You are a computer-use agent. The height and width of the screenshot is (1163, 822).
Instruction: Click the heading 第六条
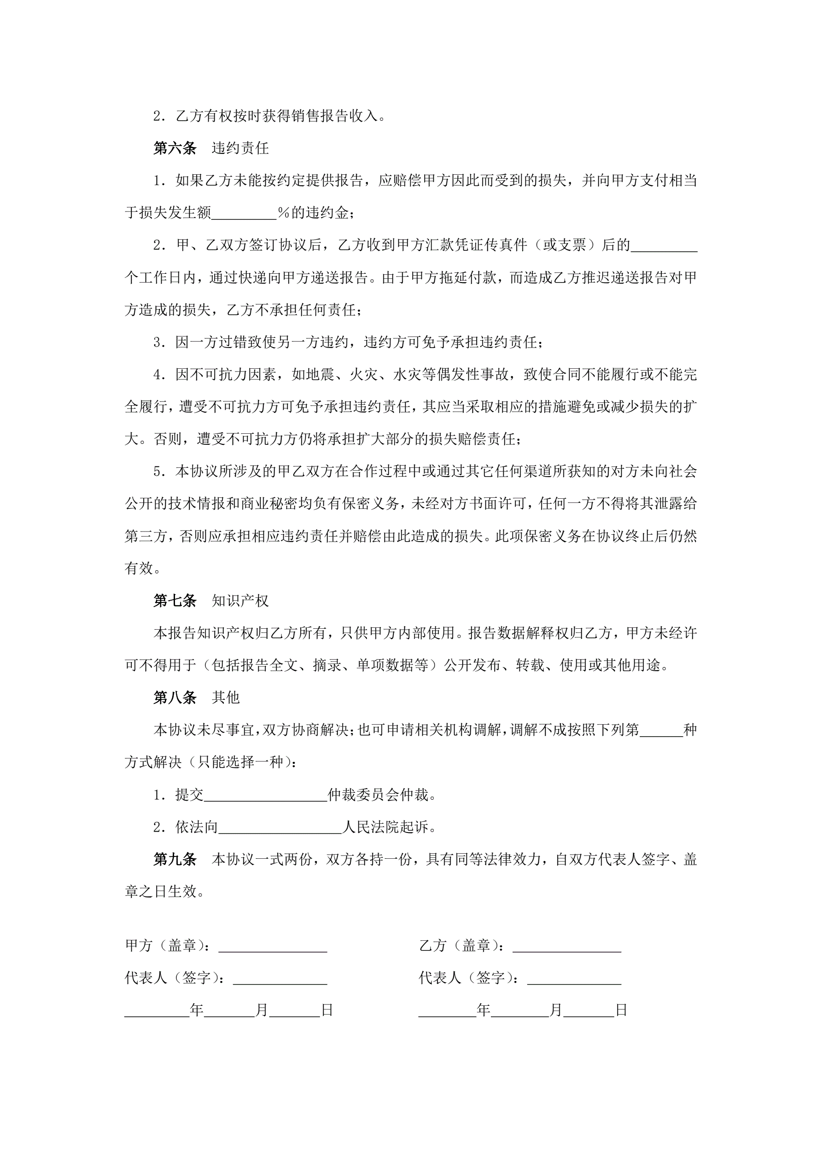(175, 148)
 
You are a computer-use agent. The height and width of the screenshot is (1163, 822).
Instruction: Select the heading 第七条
(175, 601)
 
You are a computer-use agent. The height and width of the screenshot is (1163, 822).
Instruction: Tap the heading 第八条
(175, 697)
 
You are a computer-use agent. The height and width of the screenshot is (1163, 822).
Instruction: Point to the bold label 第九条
(175, 859)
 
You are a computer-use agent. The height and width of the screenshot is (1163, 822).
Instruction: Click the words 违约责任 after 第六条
(240, 148)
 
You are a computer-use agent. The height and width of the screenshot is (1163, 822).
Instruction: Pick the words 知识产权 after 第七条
(240, 601)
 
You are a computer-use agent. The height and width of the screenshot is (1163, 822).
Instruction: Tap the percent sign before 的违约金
(284, 213)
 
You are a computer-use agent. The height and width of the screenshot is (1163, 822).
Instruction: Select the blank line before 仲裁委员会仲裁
(265, 796)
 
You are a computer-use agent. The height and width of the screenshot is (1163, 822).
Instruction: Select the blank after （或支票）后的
(664, 246)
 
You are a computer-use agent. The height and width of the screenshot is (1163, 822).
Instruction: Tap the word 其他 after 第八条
(226, 697)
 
